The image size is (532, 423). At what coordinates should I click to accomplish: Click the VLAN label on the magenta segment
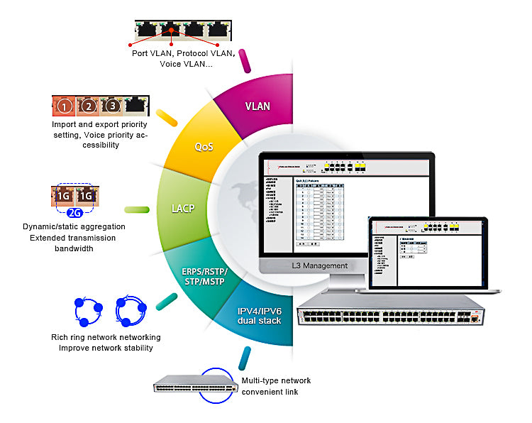tap(257, 106)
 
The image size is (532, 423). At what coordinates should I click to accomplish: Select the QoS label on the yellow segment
tap(205, 147)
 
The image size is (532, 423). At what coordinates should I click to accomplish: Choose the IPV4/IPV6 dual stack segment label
tap(259, 315)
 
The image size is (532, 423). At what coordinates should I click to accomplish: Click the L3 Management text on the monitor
tap(320, 265)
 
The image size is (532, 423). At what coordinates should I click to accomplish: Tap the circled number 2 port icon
tap(89, 107)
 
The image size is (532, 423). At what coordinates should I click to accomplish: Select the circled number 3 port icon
tap(112, 107)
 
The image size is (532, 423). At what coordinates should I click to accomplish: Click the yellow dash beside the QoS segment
tap(166, 117)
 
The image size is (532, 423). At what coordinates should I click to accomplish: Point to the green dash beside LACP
tap(135, 209)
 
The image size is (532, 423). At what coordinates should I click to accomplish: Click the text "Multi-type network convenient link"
tap(276, 386)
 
